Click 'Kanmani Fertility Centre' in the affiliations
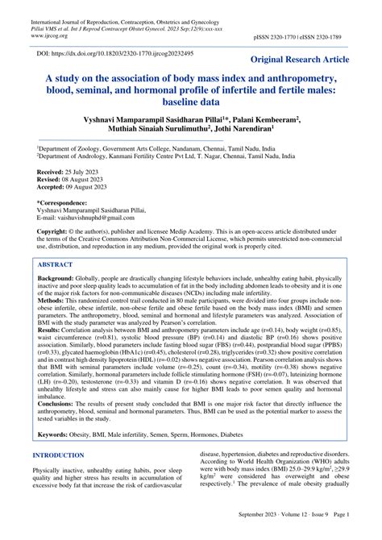coord(157,158)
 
